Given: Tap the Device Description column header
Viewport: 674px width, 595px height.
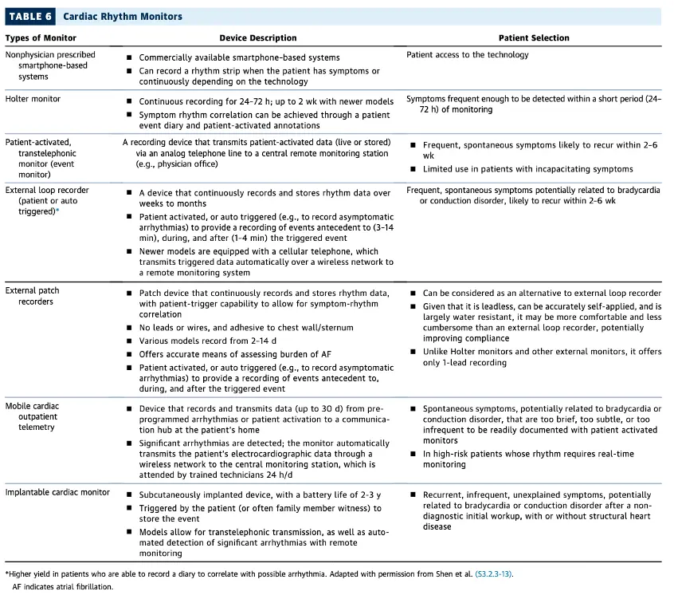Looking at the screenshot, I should coord(257,37).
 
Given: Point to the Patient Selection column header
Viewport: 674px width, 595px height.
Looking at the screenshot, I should coord(534,37).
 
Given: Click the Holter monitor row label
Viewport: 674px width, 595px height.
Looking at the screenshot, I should coord(33,99).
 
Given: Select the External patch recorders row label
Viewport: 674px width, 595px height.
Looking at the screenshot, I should coord(32,296).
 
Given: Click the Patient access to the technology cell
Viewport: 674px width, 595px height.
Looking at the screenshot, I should coord(467,55).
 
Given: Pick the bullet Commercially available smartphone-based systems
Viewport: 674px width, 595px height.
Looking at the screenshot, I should coord(239,57).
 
